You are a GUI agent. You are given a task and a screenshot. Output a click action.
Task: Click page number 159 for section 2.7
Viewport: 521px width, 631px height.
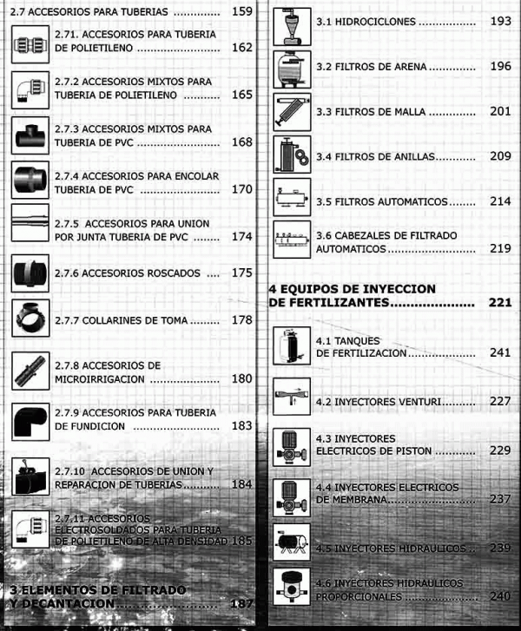click(241, 13)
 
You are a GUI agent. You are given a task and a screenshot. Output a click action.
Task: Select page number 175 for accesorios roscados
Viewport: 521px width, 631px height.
click(241, 273)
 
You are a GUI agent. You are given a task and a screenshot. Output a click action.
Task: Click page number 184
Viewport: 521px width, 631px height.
click(241, 483)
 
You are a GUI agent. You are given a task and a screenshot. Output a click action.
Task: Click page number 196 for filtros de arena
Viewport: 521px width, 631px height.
click(499, 67)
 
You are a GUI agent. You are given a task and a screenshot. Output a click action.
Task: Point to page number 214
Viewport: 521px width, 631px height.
click(499, 201)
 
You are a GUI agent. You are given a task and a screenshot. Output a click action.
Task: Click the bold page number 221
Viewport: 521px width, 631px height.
click(499, 303)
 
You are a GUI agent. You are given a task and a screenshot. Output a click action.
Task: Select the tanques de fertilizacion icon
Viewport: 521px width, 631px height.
click(291, 345)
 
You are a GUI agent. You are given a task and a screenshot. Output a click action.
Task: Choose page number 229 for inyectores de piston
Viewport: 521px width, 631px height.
click(499, 451)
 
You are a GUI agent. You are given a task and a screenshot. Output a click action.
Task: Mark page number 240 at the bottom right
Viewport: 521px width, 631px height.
click(499, 596)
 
